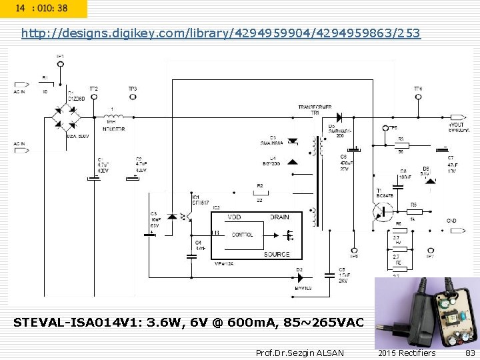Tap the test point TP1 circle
pyautogui.click(x=61, y=64)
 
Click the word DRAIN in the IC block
pyautogui.click(x=279, y=217)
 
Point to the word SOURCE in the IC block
pyautogui.click(x=277, y=254)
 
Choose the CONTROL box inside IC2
pyautogui.click(x=243, y=235)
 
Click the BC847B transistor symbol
pyautogui.click(x=383, y=211)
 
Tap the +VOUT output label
pyautogui.click(x=457, y=124)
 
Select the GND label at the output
pyautogui.click(x=451, y=221)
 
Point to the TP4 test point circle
pyautogui.click(x=418, y=97)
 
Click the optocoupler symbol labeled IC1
pyautogui.click(x=179, y=217)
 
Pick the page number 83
pyautogui.click(x=471, y=353)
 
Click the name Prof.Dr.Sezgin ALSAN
pyautogui.click(x=300, y=353)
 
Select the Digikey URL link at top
pyautogui.click(x=221, y=33)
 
